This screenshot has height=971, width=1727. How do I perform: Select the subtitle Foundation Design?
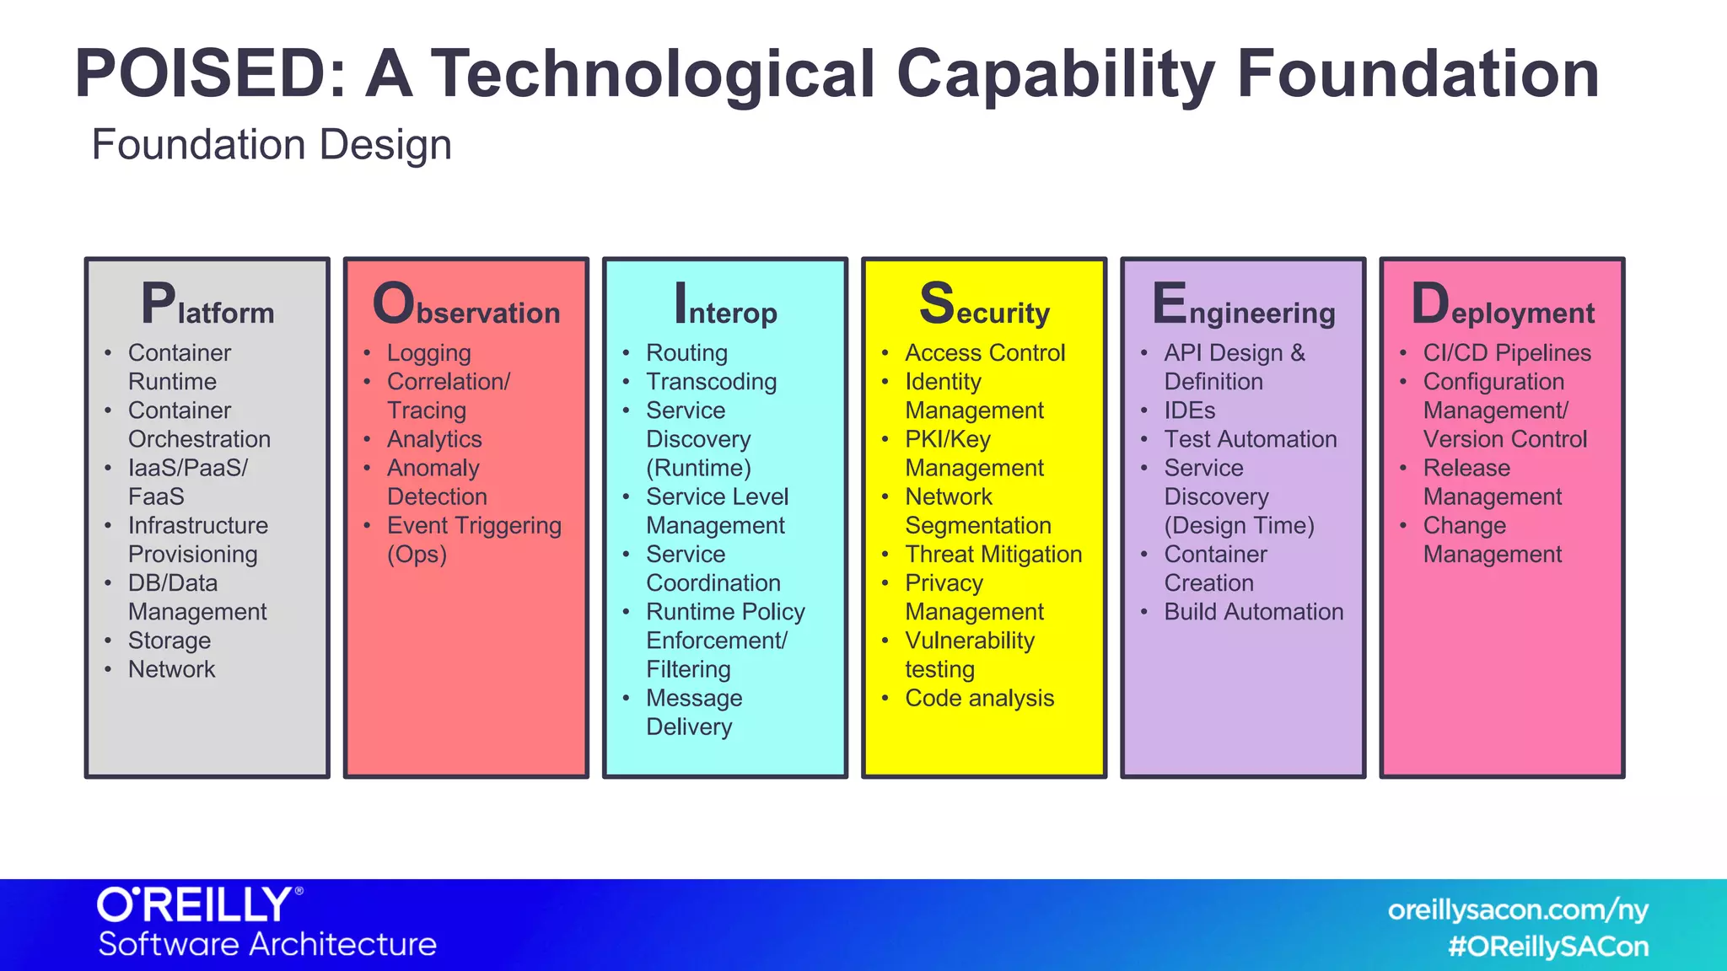coord(272,145)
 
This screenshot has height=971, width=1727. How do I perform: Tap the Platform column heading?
coord(207,305)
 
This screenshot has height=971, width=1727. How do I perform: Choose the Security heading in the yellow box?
coord(984,305)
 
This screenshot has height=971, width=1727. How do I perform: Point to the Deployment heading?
coord(1503,305)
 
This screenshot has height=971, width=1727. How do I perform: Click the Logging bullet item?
coord(428,353)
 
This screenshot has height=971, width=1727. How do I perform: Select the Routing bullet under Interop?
coord(686,353)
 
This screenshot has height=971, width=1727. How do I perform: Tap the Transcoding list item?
coord(711,382)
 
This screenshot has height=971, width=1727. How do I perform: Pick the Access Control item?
coord(985,353)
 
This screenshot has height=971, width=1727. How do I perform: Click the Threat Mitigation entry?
coord(993,555)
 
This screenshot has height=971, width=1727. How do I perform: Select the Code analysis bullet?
coord(979,699)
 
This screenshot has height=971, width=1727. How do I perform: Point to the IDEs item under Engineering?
coord(1190,410)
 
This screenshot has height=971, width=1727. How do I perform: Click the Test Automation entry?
coord(1251,439)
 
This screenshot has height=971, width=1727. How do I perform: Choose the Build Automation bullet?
coord(1254,612)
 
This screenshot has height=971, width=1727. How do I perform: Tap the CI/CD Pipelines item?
coord(1507,353)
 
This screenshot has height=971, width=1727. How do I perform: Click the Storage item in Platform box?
coord(169,641)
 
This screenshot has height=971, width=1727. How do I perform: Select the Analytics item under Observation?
coord(434,439)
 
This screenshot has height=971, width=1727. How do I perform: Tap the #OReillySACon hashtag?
coord(1548,947)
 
